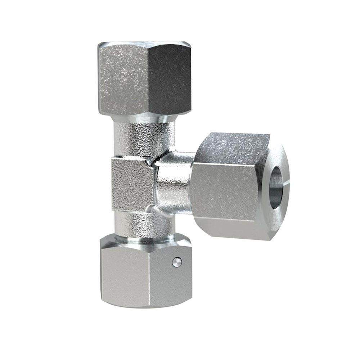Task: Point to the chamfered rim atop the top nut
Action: [x=144, y=45]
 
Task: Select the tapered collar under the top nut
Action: [x=144, y=117]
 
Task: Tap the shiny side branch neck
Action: [x=173, y=187]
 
